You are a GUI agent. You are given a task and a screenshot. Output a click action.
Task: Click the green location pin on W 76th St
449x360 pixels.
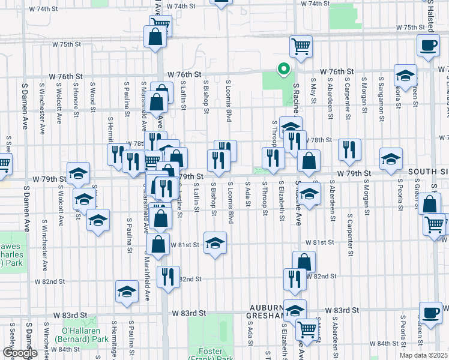(283, 70)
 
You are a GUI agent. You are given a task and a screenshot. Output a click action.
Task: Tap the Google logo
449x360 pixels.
(20, 353)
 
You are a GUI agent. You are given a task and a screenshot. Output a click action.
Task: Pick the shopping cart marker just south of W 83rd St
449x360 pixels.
(307, 329)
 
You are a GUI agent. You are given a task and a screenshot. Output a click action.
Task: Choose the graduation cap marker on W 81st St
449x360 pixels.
(215, 243)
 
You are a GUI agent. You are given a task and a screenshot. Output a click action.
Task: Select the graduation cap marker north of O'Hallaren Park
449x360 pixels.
(126, 292)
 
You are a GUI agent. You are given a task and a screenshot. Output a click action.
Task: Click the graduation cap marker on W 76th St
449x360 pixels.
(405, 76)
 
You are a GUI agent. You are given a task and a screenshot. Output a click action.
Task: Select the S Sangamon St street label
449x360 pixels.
(381, 95)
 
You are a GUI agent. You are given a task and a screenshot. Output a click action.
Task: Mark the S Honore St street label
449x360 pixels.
(76, 98)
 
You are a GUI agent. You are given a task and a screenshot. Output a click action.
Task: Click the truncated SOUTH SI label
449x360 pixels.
(428, 172)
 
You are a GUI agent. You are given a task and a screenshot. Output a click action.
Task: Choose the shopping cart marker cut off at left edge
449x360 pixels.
(4, 163)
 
